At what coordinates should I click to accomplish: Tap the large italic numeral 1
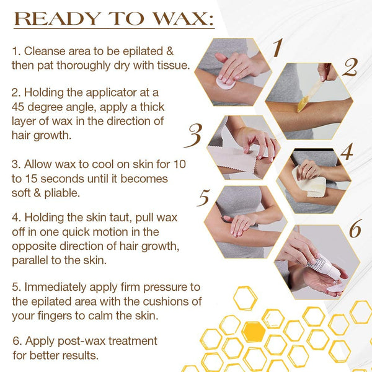pos(277,48)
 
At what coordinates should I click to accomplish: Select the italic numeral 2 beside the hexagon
pos(350,68)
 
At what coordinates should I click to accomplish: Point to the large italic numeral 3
pos(193,135)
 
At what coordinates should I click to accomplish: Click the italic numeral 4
pos(347,152)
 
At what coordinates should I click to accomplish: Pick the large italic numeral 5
pos(203,198)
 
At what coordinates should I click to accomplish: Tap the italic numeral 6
pos(355,228)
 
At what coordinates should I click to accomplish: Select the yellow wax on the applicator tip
pos(303,104)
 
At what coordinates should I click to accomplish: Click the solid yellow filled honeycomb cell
pos(254,331)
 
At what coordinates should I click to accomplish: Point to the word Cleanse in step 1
pos(45,51)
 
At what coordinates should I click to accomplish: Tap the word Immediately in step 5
pos(56,287)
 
